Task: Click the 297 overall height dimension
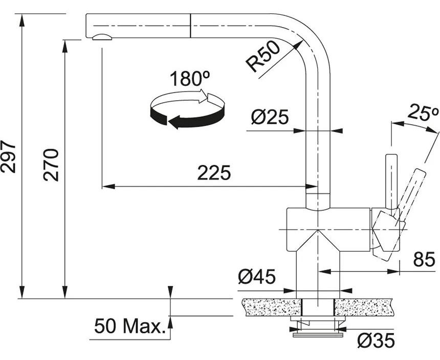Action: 8,156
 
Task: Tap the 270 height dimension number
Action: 51,165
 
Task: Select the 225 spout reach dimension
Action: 214,173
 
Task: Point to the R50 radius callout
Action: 263,57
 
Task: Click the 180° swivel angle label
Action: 190,79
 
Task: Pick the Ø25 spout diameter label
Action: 270,117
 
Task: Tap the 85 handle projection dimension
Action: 424,259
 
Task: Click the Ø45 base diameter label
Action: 257,277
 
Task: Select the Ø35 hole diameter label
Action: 376,341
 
